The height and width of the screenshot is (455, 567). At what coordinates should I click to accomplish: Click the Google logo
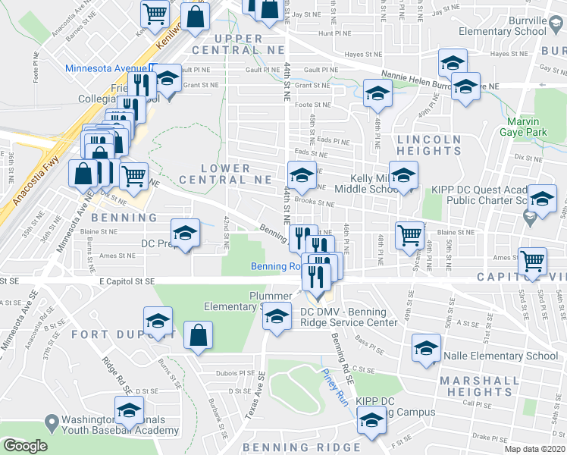[25, 446]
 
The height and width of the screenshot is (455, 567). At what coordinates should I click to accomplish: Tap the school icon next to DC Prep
[185, 234]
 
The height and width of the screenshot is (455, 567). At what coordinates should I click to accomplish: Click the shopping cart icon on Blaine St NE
[409, 234]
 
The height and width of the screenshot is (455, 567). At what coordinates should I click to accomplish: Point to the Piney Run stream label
[334, 387]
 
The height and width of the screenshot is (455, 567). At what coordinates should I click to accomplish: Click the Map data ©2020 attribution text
[535, 449]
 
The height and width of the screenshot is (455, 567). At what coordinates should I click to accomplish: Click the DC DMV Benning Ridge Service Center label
[348, 317]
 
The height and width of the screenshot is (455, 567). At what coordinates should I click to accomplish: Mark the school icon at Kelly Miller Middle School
[403, 175]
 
